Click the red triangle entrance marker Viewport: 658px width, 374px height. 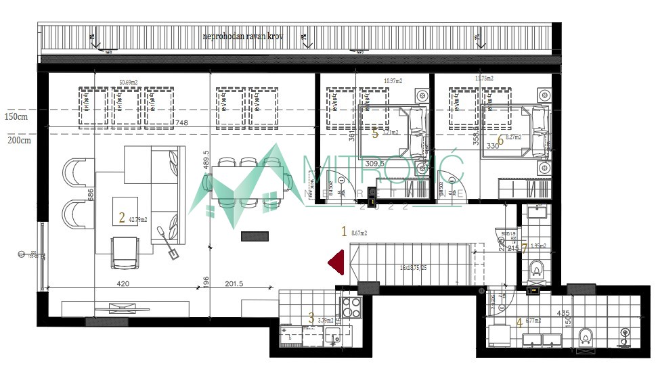click(337, 261)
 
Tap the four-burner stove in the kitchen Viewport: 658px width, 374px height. click(351, 308)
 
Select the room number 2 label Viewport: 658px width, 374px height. click(121, 218)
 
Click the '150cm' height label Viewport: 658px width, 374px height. click(16, 116)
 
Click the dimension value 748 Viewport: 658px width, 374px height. click(181, 123)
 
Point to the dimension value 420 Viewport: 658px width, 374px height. click(123, 284)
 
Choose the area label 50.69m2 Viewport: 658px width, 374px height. click(129, 82)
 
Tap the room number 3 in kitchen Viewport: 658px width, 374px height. click(311, 318)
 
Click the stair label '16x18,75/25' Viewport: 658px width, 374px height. click(413, 268)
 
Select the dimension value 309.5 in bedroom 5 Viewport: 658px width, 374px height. click(392, 164)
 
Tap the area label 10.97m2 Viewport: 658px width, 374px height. click(393, 81)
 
